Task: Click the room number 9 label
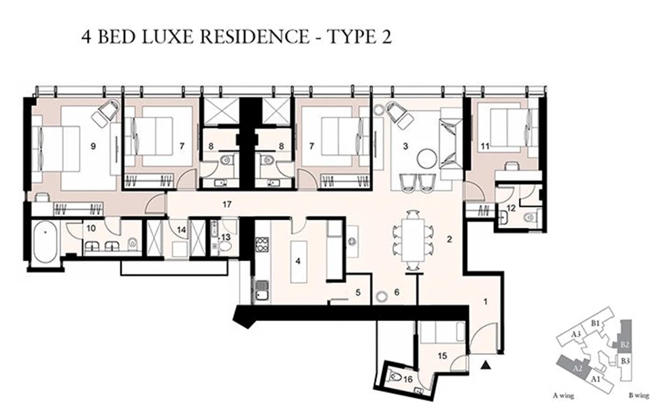92,144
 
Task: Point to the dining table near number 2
414,239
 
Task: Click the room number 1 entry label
486,301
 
